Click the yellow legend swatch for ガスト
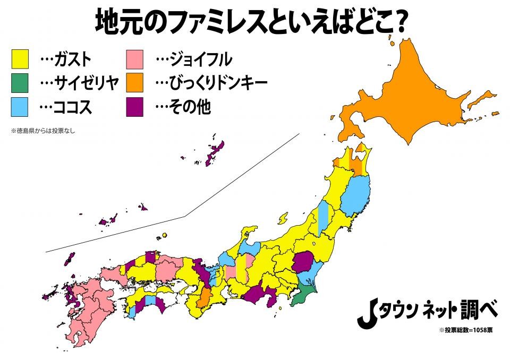20,58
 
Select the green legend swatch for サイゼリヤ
20,83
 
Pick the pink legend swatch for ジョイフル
135,58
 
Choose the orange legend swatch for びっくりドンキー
135,83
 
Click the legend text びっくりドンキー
218,83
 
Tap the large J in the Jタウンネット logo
366,315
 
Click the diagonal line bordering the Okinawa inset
186,216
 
